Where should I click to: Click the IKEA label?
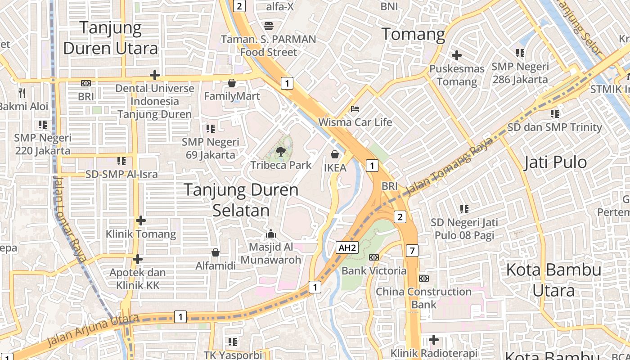click(x=335, y=168)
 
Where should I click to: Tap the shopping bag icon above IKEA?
click(x=335, y=155)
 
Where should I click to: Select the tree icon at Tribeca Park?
click(x=281, y=152)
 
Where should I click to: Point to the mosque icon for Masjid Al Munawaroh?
click(x=271, y=234)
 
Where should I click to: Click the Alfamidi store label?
click(x=216, y=265)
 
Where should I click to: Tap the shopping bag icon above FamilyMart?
click(x=232, y=83)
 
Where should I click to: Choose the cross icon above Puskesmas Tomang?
click(x=457, y=56)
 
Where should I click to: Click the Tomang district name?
click(x=413, y=34)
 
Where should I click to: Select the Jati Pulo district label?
click(x=555, y=162)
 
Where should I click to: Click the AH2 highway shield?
click(x=347, y=247)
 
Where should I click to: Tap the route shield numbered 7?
click(x=412, y=251)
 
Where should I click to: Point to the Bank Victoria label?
click(x=374, y=270)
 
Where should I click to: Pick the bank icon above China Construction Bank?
click(x=423, y=279)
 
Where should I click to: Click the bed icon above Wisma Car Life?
click(x=355, y=109)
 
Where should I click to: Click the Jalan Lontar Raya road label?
click(x=69, y=218)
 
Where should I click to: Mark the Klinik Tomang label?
click(x=141, y=234)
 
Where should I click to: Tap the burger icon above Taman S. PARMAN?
click(x=269, y=26)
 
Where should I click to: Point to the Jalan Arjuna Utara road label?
click(x=92, y=331)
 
